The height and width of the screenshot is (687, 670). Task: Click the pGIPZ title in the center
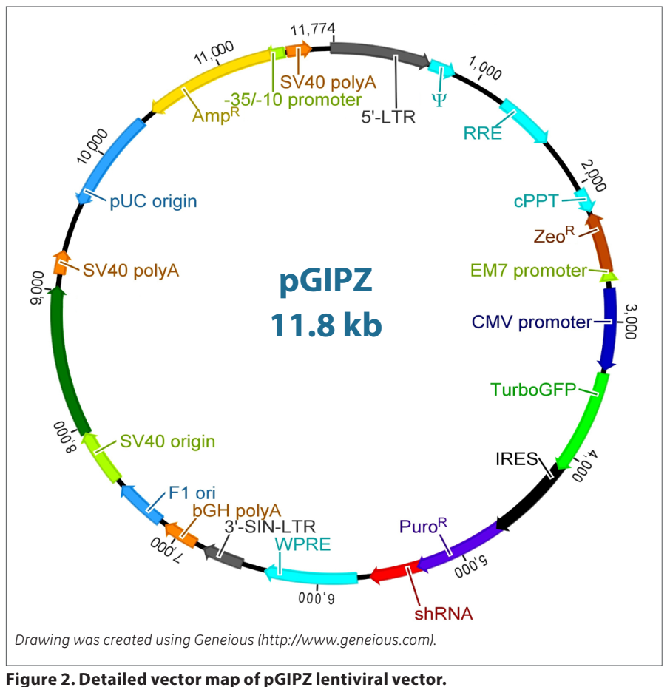click(x=327, y=282)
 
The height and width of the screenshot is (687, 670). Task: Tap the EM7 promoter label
click(x=528, y=271)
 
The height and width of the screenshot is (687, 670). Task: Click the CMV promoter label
click(x=532, y=322)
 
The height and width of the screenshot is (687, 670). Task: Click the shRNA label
click(x=443, y=613)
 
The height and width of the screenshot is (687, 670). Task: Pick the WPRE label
click(x=302, y=544)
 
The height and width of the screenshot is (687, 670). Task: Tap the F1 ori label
click(x=192, y=493)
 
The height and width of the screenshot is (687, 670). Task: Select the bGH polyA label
click(x=237, y=510)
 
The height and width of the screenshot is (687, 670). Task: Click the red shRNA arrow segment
click(x=392, y=572)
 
